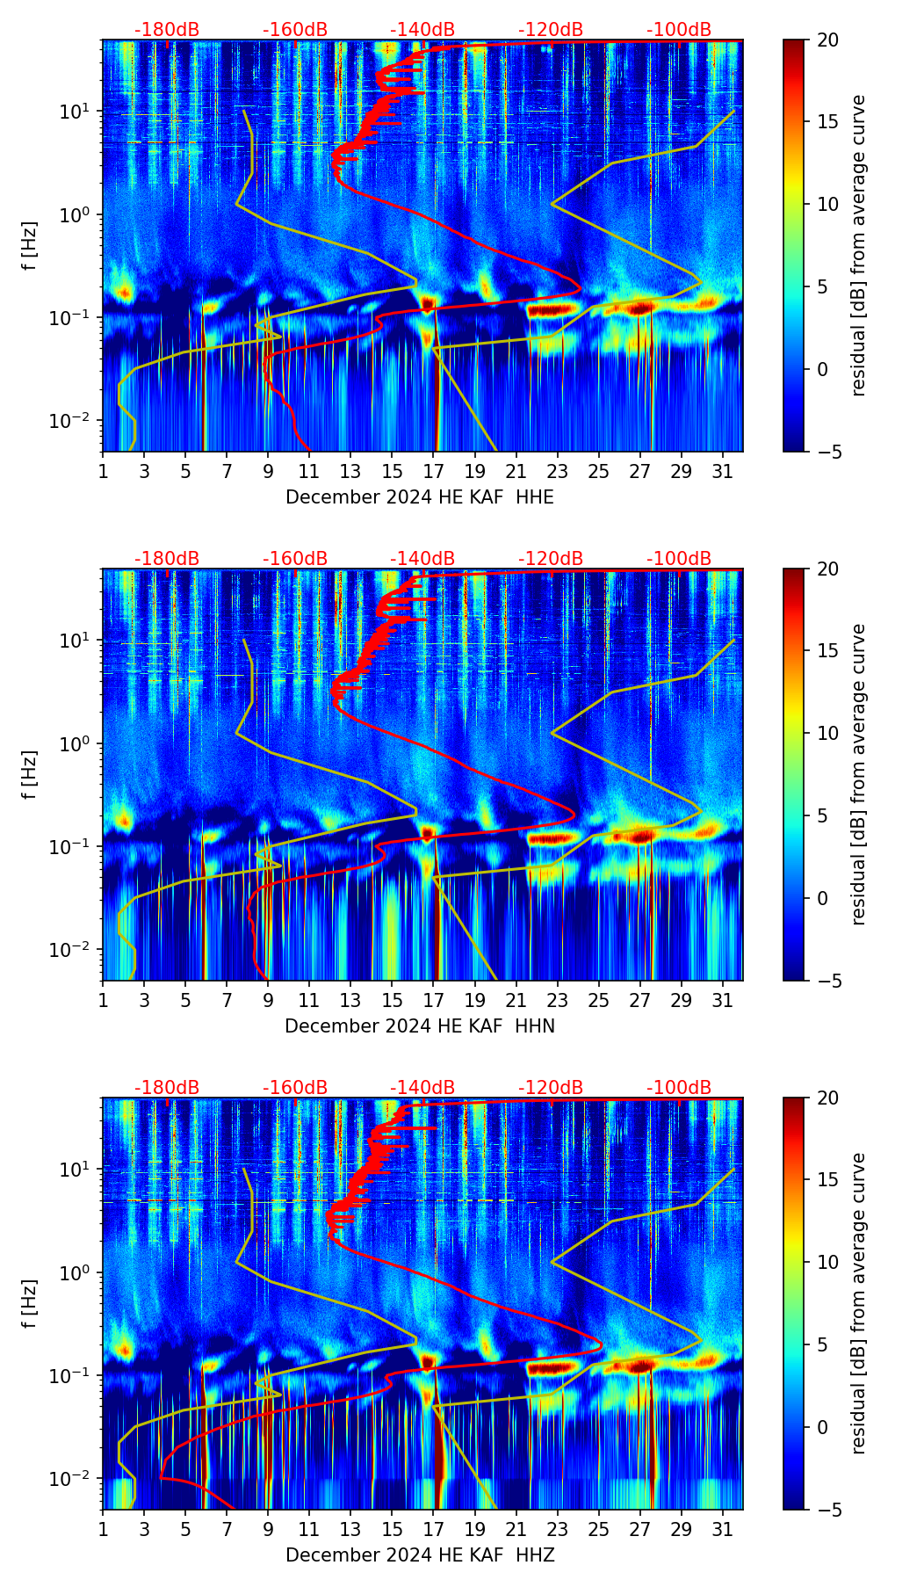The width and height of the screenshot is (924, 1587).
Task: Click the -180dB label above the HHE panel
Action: click(167, 30)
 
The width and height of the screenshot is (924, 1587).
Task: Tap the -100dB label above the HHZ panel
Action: click(679, 1088)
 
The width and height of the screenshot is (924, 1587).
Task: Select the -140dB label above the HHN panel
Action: click(422, 559)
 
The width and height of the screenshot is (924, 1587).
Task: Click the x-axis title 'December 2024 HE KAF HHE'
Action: click(420, 497)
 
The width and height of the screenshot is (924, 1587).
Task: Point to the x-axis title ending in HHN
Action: click(420, 1026)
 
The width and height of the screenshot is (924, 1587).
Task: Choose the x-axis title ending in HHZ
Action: click(420, 1555)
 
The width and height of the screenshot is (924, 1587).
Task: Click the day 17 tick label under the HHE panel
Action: click(433, 471)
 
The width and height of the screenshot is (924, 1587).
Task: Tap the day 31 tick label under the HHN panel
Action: click(722, 1000)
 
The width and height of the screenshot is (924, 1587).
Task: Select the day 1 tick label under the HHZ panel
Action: click(103, 1529)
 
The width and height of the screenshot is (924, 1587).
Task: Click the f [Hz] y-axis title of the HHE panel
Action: click(30, 246)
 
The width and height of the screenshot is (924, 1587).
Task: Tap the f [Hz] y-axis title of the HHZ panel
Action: click(30, 1304)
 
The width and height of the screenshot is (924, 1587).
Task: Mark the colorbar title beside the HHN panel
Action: click(859, 774)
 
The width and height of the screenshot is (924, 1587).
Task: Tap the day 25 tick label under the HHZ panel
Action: click(598, 1529)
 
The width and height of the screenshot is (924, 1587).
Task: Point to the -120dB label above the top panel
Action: click(551, 30)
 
